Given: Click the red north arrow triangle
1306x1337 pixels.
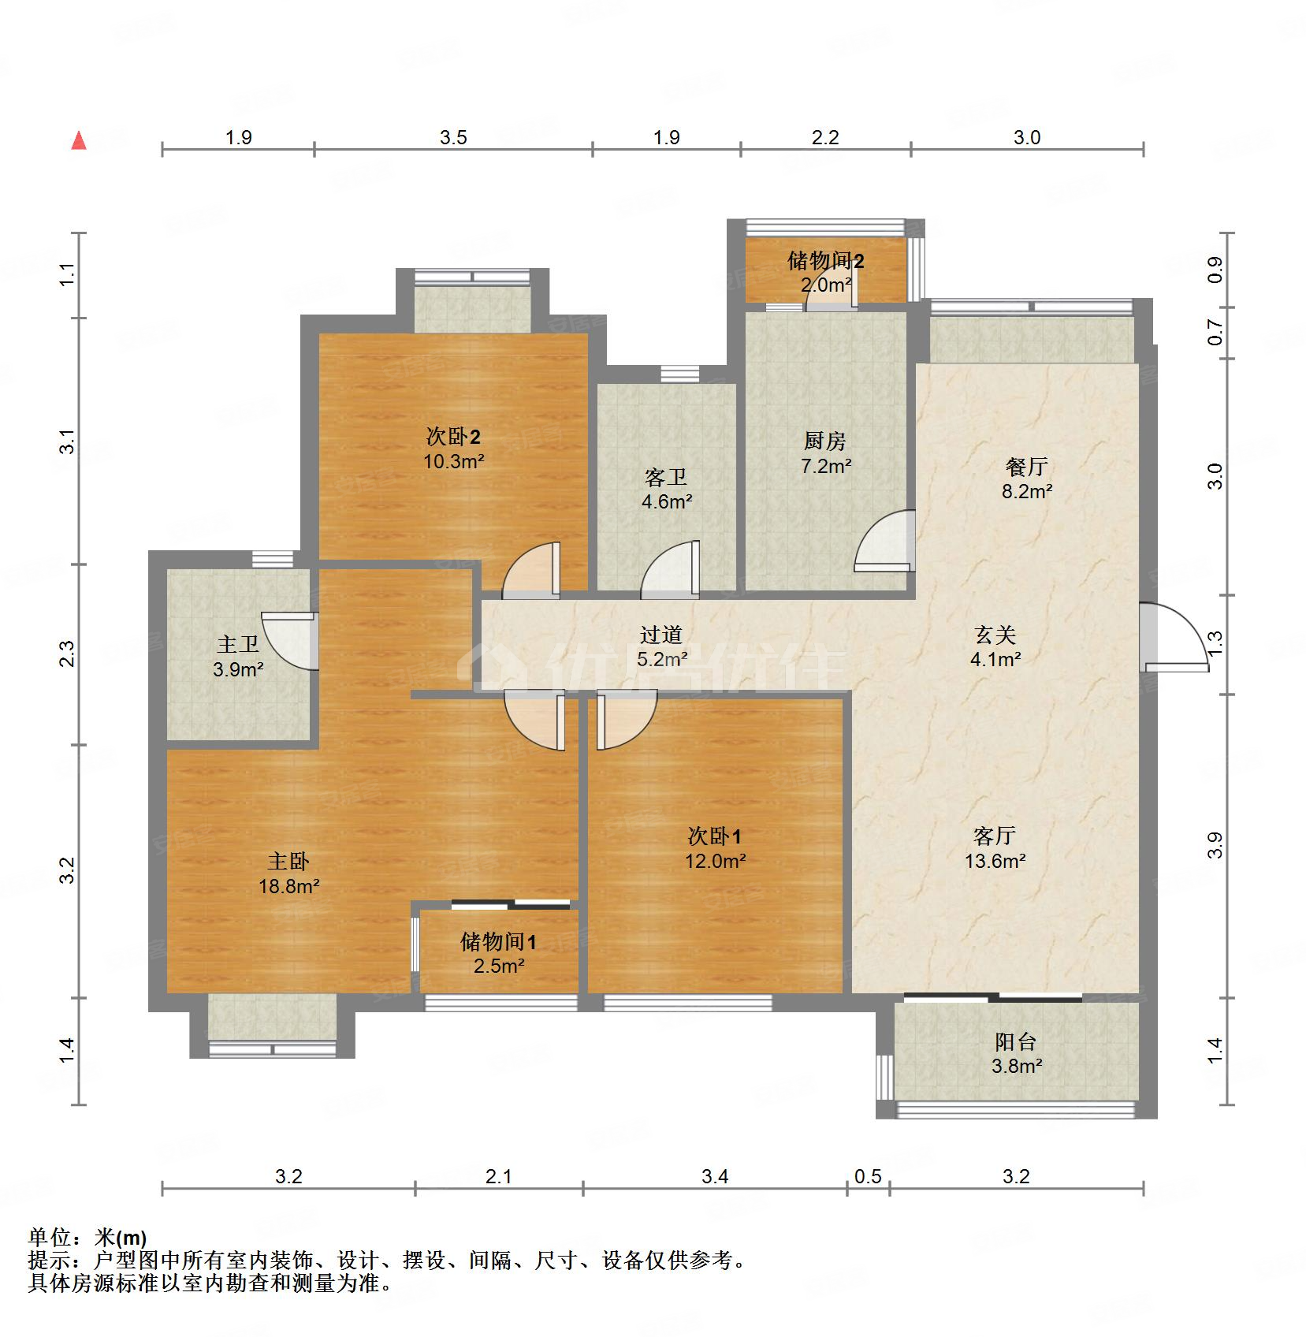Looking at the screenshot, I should tap(79, 141).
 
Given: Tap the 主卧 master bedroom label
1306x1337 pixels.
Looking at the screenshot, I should tap(288, 862).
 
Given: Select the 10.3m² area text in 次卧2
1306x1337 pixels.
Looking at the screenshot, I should tap(453, 462).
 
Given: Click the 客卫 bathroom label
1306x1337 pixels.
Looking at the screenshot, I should tap(666, 477).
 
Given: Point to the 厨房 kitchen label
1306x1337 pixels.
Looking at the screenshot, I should tap(825, 441).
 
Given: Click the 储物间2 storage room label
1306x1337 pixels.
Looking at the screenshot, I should tap(825, 261).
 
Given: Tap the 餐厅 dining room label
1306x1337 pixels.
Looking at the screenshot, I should tap(1026, 467).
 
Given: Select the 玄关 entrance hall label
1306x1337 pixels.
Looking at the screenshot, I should tap(995, 635).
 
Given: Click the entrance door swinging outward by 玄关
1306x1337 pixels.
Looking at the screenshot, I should tap(1174, 639).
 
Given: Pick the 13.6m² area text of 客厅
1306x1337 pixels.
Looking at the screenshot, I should tap(995, 861).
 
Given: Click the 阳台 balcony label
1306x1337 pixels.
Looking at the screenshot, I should tap(1015, 1042).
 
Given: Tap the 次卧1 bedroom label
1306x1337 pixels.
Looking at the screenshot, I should tap(714, 836).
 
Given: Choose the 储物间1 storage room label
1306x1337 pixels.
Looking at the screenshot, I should tap(499, 942).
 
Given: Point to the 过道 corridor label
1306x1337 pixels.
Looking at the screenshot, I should tap(660, 635).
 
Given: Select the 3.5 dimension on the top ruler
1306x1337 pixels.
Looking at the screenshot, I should tap(453, 138).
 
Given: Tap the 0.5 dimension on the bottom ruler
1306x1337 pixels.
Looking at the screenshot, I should tap(868, 1177).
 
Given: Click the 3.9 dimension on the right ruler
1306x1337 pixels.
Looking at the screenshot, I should tap(1215, 846).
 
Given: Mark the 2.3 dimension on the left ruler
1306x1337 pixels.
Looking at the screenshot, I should tap(69, 654).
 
